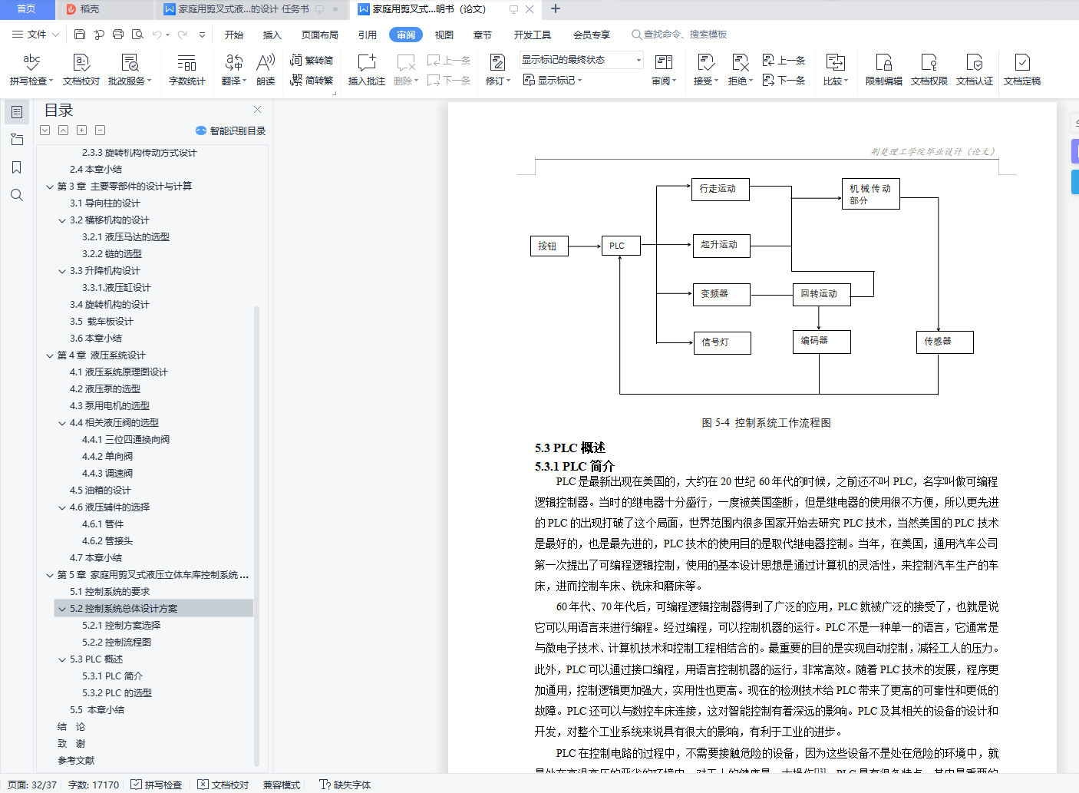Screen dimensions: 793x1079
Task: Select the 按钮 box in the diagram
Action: [x=548, y=246]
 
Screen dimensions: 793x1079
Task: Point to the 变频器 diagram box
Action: [x=721, y=294]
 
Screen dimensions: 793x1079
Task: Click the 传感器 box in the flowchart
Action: [x=945, y=342]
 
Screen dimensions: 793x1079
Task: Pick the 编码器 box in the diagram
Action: [x=820, y=341]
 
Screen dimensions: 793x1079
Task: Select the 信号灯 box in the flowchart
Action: [x=721, y=342]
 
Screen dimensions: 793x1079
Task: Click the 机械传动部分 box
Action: [x=870, y=194]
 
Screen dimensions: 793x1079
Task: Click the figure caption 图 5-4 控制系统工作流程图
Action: [x=766, y=422]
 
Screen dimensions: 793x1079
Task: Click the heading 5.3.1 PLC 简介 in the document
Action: [x=575, y=466]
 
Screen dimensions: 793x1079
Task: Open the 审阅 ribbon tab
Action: [x=406, y=35]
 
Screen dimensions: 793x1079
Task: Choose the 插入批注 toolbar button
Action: [x=367, y=69]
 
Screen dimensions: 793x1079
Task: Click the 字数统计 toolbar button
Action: [x=186, y=69]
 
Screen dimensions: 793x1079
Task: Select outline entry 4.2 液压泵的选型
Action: [x=105, y=389]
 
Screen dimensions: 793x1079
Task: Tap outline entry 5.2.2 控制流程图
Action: [x=117, y=643]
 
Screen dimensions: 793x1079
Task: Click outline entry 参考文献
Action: [x=76, y=761]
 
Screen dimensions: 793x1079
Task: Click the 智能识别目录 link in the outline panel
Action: [x=231, y=131]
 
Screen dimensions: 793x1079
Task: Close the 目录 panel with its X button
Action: [x=258, y=110]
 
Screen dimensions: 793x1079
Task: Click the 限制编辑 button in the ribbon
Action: [x=883, y=69]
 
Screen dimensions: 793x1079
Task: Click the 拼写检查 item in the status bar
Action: [x=157, y=785]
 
